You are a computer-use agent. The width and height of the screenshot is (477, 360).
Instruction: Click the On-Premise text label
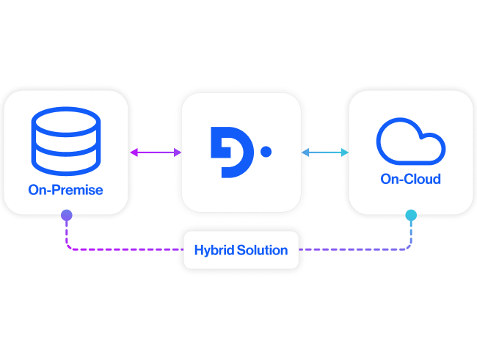(x=65, y=190)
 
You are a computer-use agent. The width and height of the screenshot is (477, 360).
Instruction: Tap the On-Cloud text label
(x=410, y=179)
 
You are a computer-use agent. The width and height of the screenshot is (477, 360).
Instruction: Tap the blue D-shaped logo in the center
(x=230, y=152)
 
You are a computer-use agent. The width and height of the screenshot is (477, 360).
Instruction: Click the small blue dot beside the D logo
(x=266, y=152)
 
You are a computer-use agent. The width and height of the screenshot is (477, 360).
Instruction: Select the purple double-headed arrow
(x=156, y=152)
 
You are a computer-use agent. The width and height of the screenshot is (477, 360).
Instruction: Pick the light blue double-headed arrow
(x=325, y=152)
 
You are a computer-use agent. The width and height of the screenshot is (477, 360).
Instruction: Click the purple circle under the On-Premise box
(x=66, y=215)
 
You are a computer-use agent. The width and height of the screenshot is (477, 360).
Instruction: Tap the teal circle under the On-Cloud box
(x=410, y=215)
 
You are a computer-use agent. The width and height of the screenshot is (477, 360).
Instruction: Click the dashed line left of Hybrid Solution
(x=125, y=249)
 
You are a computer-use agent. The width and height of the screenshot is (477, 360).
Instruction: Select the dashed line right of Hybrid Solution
(x=352, y=249)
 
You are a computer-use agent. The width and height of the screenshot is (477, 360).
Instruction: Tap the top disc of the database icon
(x=65, y=121)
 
